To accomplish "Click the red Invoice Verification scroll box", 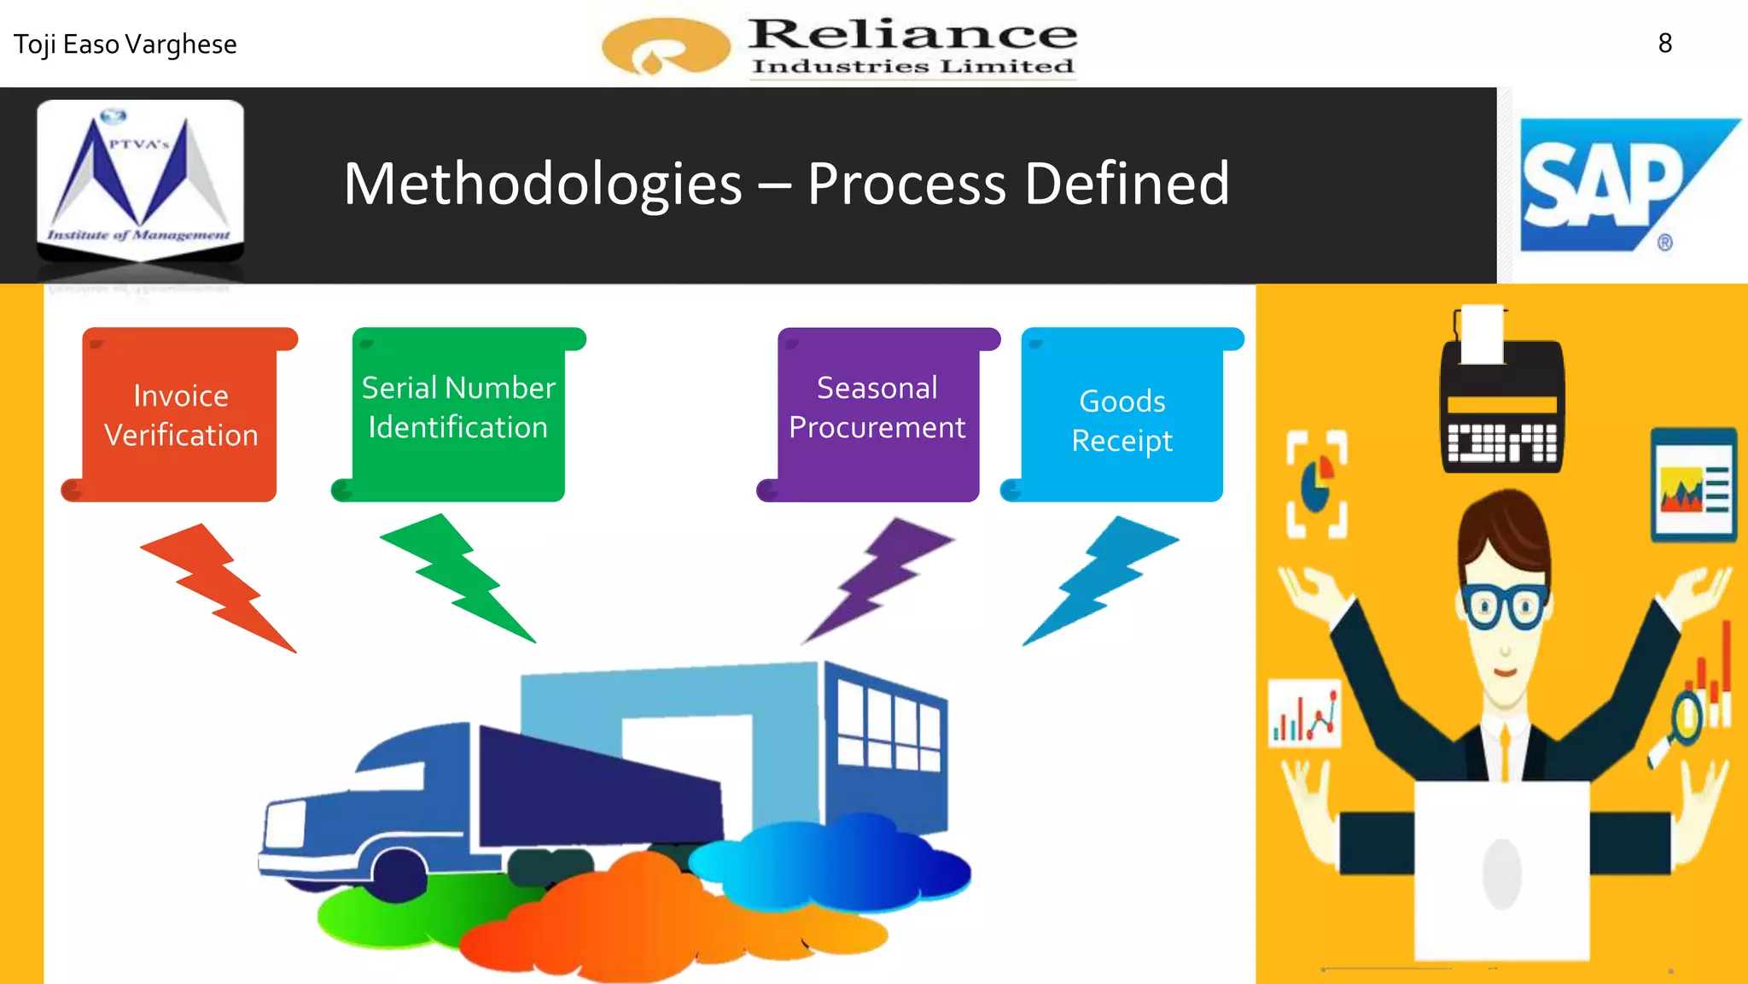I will click(x=180, y=415).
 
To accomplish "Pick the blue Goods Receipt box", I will click(x=1122, y=415).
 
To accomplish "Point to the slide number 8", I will click(x=1664, y=44).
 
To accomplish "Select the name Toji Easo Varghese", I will click(x=125, y=44).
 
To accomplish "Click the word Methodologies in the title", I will click(x=543, y=184).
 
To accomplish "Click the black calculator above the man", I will click(x=1502, y=401).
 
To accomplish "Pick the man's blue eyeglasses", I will click(x=1504, y=605).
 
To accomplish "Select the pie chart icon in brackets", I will click(x=1317, y=484).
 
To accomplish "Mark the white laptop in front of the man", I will click(x=1502, y=871).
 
